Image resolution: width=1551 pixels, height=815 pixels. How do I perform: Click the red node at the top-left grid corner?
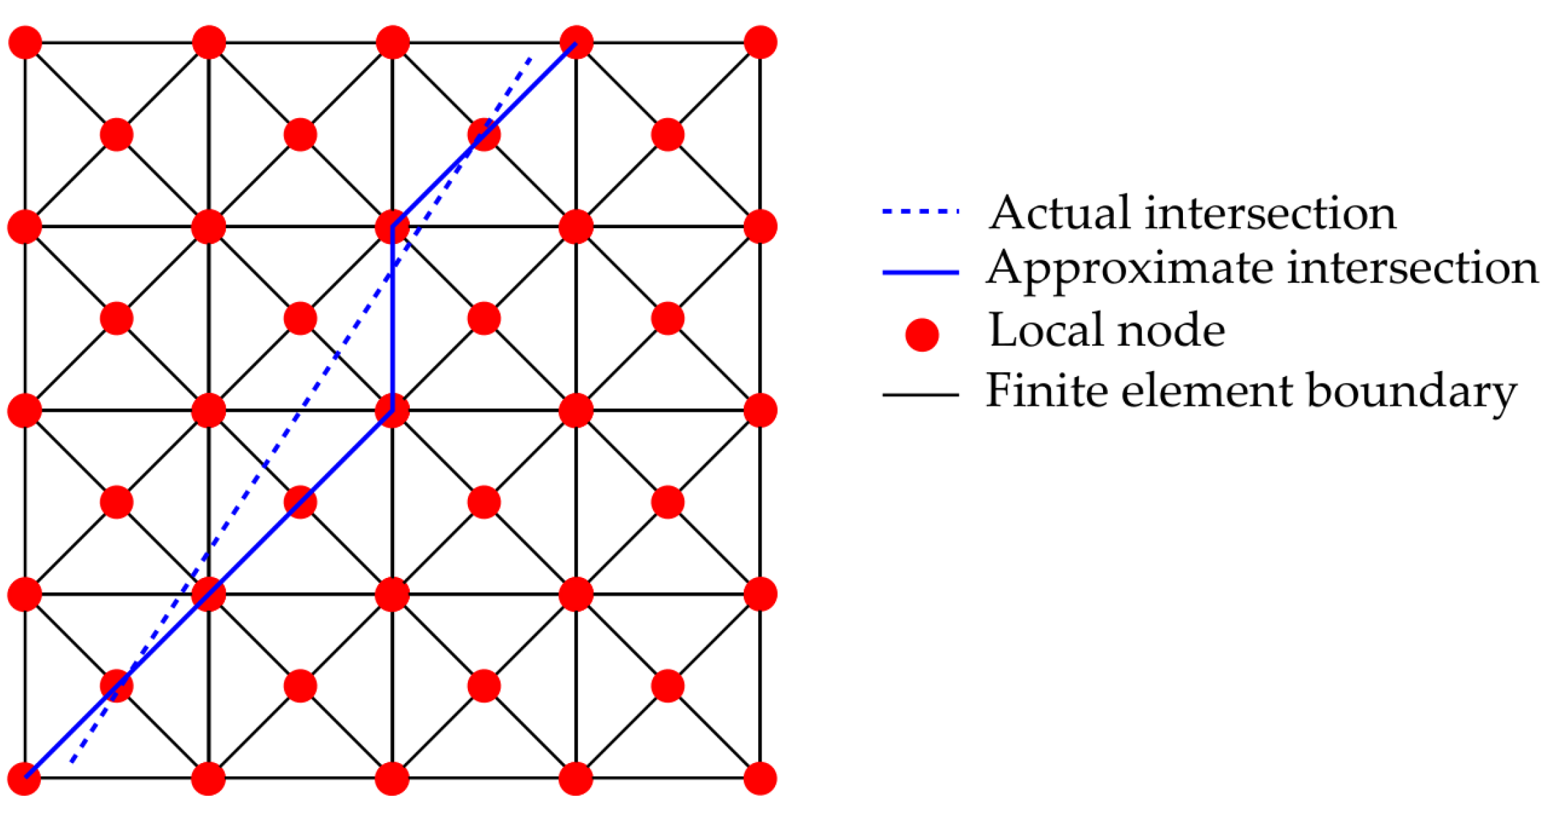pos(25,42)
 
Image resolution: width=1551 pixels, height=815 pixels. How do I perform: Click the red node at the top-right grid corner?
pos(760,42)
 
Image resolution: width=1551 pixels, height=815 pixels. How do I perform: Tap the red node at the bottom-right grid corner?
pos(760,778)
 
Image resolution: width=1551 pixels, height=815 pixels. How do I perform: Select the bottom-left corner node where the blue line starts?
pos(25,778)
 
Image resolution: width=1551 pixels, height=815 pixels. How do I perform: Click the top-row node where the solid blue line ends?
pos(576,42)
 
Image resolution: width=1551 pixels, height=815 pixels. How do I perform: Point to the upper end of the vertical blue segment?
pos(393,226)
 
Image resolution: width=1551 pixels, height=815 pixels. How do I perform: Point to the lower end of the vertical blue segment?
pos(393,410)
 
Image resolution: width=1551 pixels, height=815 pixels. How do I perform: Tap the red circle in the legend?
pos(921,335)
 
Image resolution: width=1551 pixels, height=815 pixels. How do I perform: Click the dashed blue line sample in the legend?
pos(921,212)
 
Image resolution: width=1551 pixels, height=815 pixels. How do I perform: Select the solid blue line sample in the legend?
pos(921,273)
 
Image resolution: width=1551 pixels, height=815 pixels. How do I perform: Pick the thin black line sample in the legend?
pos(921,395)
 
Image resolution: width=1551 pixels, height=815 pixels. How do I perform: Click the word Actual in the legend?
pos(1061,212)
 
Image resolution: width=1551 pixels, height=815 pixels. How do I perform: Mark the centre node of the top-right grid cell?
pos(668,135)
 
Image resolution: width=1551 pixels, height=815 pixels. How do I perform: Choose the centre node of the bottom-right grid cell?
pos(668,686)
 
